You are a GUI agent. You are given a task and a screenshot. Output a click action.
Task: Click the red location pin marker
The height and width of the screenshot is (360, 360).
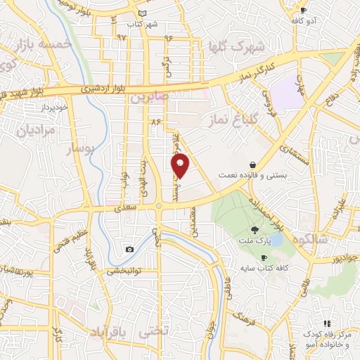181,166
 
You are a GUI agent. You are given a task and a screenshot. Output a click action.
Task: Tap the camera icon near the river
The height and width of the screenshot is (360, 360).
129,250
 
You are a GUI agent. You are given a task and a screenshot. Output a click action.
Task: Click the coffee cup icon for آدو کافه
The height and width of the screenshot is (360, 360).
304,10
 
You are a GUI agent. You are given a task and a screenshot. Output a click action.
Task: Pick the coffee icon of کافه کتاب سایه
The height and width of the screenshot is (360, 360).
283,258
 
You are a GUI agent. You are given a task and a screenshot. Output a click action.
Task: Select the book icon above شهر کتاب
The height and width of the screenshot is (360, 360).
143,13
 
